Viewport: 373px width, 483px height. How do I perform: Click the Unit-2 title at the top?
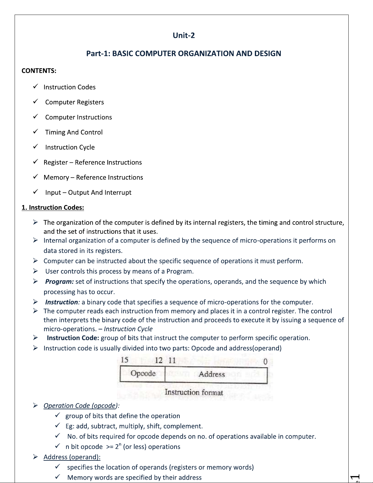point(184,35)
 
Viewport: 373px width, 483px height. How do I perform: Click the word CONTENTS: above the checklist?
point(39,71)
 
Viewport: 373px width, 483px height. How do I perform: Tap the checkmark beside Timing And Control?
point(35,131)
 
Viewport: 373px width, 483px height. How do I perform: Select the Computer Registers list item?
point(74,102)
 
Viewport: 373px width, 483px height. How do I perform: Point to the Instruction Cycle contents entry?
point(70,147)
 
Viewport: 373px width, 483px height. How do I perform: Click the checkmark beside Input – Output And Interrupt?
point(35,191)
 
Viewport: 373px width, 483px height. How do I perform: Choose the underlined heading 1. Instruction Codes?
point(53,208)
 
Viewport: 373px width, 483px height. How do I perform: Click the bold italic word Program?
point(59,282)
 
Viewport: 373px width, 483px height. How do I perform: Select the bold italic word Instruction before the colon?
point(62,302)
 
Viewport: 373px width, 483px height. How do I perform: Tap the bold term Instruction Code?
point(73,338)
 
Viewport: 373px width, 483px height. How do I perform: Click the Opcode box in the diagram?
point(143,374)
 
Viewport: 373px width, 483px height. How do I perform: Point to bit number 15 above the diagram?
point(125,360)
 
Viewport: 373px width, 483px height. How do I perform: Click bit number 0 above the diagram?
point(265,362)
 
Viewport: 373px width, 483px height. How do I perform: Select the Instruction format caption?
point(194,392)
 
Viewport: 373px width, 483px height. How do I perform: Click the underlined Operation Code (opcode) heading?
point(80,406)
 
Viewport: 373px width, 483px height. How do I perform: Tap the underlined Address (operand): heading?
point(72,457)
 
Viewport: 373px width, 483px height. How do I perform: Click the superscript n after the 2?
point(120,445)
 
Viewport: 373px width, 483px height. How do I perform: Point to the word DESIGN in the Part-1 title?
point(268,54)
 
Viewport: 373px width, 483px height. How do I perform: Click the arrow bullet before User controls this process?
point(35,271)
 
